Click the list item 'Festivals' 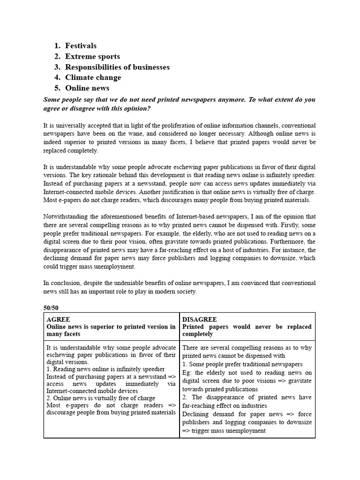[x=81, y=46]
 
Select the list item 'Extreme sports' [x=92, y=57]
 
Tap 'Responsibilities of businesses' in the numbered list [x=117, y=67]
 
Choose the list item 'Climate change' [x=93, y=78]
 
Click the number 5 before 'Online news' [x=57, y=88]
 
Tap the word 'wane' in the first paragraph [x=134, y=134]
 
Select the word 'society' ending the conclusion [x=186, y=292]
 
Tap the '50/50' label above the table [x=52, y=307]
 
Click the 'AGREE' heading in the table [x=58, y=319]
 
